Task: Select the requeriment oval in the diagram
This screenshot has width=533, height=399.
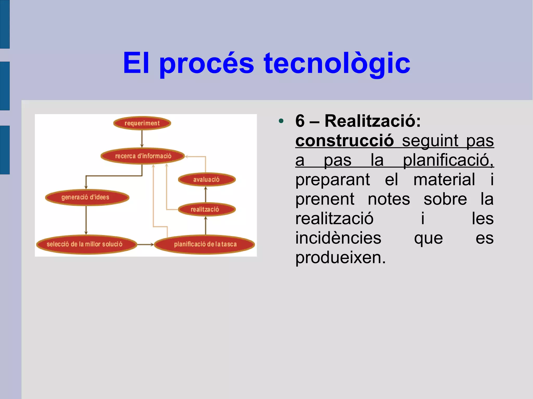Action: point(142,123)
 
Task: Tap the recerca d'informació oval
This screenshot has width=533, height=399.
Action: point(143,156)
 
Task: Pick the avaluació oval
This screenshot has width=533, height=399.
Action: point(207,179)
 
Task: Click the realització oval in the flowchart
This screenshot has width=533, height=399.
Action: point(207,209)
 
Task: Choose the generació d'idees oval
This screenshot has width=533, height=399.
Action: point(87,197)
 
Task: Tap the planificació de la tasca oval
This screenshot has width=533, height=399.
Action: point(205,244)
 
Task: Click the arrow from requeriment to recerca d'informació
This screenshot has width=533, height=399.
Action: point(142,139)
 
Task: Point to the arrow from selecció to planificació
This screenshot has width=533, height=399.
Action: point(145,244)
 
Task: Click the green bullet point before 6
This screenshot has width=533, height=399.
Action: point(281,121)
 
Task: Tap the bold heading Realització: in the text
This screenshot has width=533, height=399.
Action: point(372,121)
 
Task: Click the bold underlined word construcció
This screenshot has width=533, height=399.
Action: point(345,140)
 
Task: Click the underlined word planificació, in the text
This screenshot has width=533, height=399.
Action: point(448,160)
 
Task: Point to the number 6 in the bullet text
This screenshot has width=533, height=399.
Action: point(300,121)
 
